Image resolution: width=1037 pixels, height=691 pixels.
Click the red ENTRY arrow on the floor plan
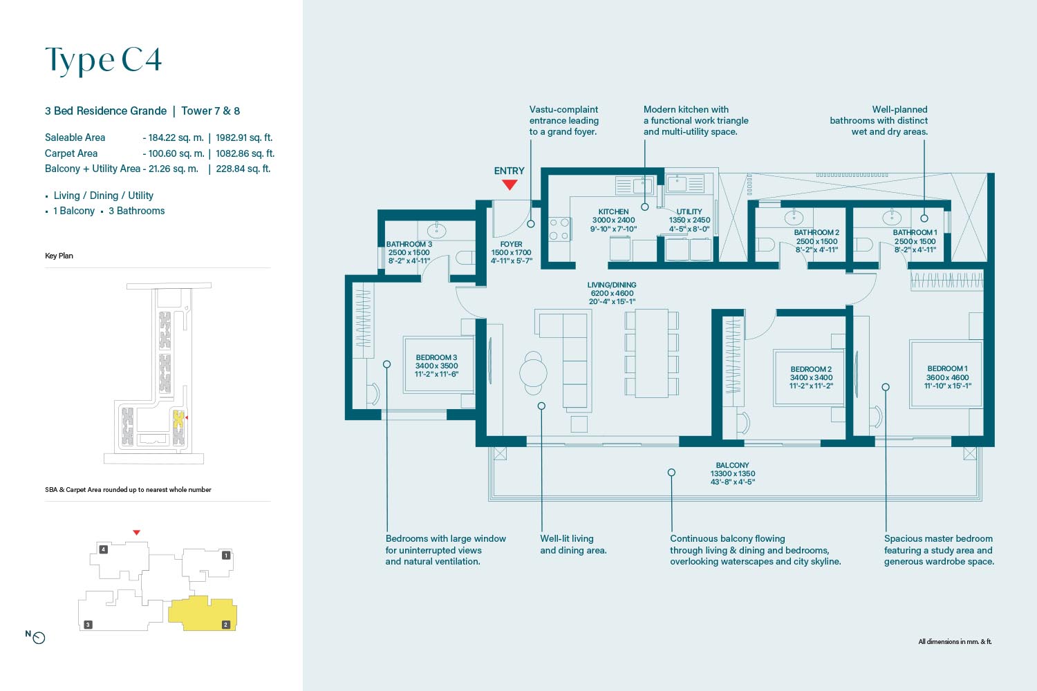pos(510,185)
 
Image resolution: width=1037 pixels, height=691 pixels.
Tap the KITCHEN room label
pos(613,211)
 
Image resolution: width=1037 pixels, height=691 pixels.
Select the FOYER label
pos(511,244)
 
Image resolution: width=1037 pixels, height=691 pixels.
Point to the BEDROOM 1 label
pos(947,368)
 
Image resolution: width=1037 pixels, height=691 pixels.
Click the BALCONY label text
pos(732,465)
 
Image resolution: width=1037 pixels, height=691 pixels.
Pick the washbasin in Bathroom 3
pos(436,230)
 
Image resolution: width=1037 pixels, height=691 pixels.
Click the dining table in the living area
pos(651,353)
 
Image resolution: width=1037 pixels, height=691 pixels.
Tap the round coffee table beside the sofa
pos(533,372)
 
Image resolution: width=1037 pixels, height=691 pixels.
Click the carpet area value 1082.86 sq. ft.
pos(245,153)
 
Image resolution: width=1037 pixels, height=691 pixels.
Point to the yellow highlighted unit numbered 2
pos(203,614)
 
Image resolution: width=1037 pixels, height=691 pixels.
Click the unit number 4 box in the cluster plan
pos(103,549)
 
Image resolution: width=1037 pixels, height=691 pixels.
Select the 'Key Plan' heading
pos(59,256)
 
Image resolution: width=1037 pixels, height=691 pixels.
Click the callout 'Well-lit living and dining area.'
pos(573,545)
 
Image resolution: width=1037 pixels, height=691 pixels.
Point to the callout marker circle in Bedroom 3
pos(386,364)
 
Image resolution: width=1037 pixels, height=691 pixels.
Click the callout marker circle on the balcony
pos(671,473)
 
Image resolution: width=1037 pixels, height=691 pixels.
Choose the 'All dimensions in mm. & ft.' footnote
pos(955,641)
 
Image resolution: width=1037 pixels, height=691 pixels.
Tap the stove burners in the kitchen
pos(559,229)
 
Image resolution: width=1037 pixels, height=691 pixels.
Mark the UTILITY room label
pos(689,211)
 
